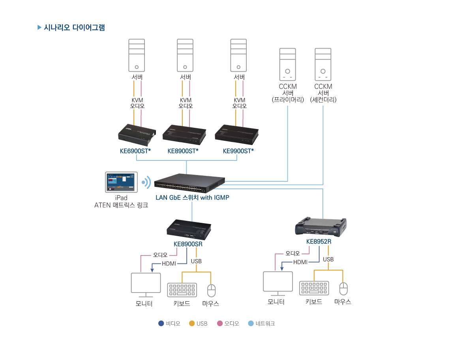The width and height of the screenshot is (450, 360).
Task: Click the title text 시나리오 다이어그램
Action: (x=74, y=28)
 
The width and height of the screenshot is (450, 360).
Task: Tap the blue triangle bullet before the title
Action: (x=39, y=28)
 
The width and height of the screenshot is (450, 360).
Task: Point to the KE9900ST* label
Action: (x=238, y=151)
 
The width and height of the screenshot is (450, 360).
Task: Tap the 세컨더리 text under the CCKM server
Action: (x=323, y=100)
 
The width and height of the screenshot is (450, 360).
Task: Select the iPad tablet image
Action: (x=121, y=182)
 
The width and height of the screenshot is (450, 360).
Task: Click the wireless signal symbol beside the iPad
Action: (x=146, y=182)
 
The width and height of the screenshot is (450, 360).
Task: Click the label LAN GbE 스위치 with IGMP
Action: (x=192, y=198)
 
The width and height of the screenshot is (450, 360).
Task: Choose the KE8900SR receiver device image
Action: (x=189, y=229)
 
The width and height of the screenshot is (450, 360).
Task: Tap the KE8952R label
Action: (x=319, y=241)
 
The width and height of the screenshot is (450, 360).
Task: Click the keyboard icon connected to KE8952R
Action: (x=314, y=288)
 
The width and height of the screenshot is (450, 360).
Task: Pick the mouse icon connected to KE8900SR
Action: (x=212, y=291)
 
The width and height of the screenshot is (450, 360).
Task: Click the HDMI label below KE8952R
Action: (x=300, y=262)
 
